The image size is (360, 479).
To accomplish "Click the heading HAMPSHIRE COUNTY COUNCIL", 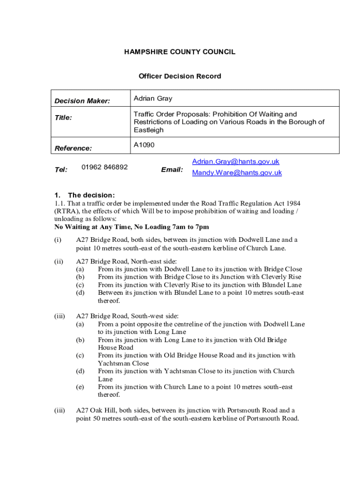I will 180,52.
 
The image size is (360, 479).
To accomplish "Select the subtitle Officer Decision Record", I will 180,76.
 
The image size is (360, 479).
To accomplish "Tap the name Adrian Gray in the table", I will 153,99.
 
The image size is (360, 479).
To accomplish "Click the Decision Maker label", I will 82,101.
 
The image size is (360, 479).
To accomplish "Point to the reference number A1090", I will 144,145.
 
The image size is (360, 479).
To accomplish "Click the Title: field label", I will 64,118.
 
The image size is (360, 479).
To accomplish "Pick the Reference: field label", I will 73,148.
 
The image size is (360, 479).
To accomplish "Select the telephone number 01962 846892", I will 104,167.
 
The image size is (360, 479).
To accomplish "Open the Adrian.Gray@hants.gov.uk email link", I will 236,161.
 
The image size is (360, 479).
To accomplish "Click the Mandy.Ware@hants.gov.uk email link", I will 237,173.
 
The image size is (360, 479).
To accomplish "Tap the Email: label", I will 172,170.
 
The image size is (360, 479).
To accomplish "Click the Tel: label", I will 61,170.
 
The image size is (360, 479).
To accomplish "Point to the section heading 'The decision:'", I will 91,195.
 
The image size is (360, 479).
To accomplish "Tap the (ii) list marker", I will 59,261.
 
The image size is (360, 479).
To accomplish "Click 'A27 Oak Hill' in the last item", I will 95,410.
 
